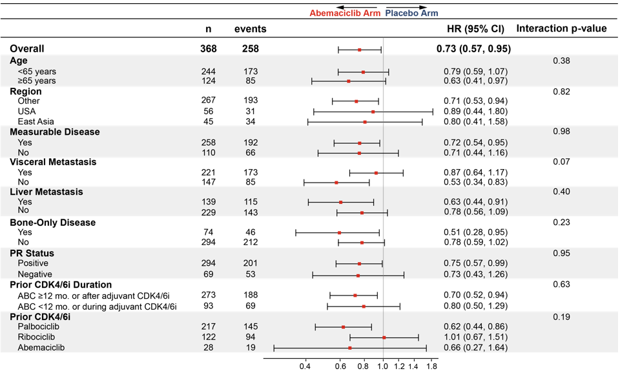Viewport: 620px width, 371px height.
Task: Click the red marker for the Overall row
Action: (x=360, y=50)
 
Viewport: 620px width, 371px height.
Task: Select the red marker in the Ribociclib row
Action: (x=384, y=337)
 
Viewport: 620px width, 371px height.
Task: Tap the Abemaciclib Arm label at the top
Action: (x=345, y=13)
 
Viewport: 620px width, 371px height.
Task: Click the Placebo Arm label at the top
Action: (x=411, y=13)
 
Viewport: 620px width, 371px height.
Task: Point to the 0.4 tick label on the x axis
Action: (x=305, y=366)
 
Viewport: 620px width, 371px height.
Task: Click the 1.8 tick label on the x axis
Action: (x=432, y=366)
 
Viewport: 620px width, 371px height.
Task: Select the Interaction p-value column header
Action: (x=561, y=28)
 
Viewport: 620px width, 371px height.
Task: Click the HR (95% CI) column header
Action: (x=476, y=29)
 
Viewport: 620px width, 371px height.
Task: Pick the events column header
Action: (x=251, y=29)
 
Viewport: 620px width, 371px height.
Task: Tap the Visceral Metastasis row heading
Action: (x=53, y=162)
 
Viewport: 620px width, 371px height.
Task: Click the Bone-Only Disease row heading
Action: (x=52, y=223)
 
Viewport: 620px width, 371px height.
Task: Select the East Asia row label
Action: (x=36, y=122)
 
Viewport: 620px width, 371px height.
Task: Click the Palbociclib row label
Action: (x=38, y=326)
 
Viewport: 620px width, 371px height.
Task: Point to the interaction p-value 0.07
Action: (x=561, y=161)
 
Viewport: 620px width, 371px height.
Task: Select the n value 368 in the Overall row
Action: (x=209, y=48)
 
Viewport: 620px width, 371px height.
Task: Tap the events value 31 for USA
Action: (x=251, y=112)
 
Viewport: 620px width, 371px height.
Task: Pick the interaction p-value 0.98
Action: (x=561, y=132)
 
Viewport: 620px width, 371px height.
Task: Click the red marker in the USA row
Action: (x=373, y=112)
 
